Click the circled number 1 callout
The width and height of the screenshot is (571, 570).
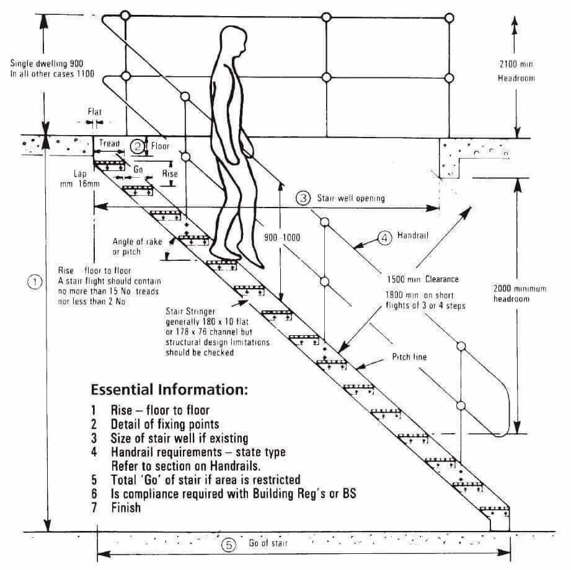click(35, 282)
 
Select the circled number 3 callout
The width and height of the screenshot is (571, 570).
click(303, 198)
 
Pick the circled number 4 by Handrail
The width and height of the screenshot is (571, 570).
click(384, 237)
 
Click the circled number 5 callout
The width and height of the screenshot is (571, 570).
click(229, 545)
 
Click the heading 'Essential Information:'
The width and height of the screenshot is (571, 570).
click(169, 390)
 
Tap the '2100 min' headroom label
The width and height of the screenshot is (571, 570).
click(516, 64)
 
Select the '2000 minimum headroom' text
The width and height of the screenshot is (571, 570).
click(520, 294)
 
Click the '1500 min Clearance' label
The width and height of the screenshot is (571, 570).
click(423, 279)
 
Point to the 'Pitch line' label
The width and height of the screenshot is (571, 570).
click(409, 357)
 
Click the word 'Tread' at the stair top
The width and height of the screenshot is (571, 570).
click(110, 144)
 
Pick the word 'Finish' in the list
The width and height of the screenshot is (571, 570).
click(126, 508)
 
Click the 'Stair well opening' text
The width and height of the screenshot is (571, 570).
click(351, 198)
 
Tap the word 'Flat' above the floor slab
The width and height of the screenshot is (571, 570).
click(94, 112)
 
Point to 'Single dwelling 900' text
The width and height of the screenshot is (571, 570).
click(47, 64)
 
